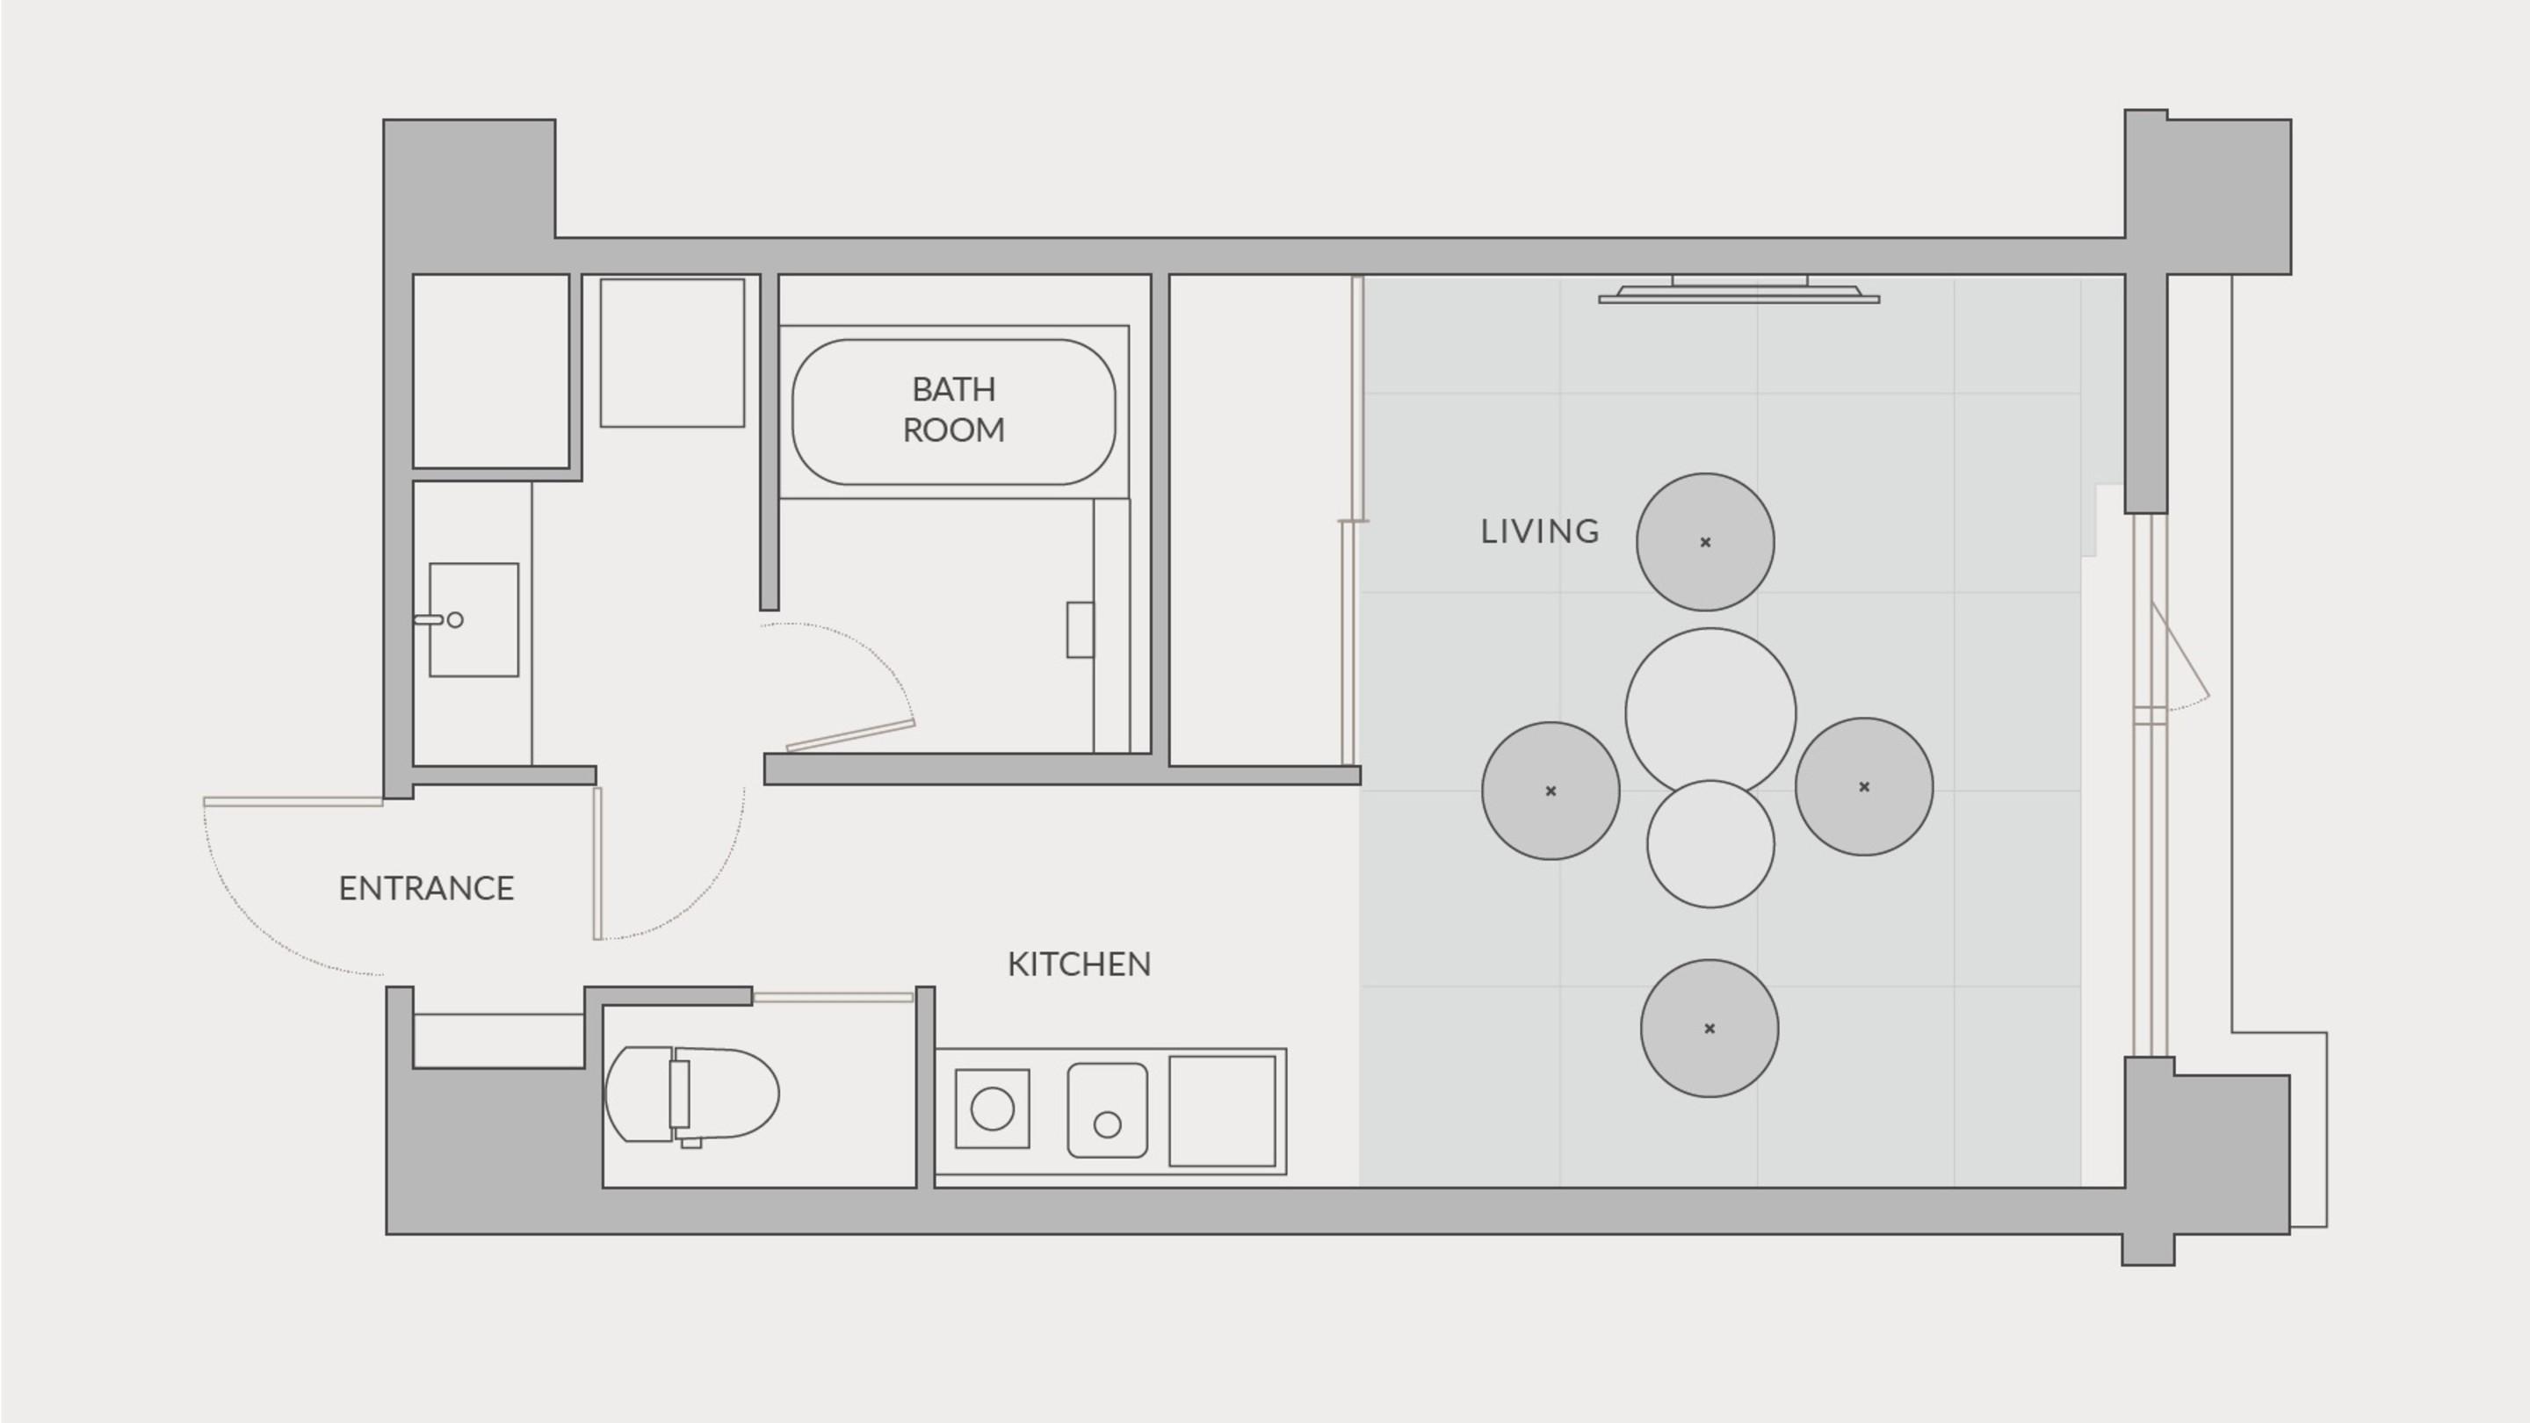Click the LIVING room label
tap(1539, 531)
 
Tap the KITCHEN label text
tap(1080, 964)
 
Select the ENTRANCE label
tap(426, 889)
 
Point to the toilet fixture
tap(691, 1094)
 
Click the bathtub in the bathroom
tap(954, 413)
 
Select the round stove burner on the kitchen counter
tap(992, 1109)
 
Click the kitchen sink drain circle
tap(1107, 1124)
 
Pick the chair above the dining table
tap(1705, 542)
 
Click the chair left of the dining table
tap(1551, 791)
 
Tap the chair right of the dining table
tap(1864, 787)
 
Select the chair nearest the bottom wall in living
tap(1709, 1029)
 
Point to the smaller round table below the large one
tap(1711, 843)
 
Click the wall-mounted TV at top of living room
tap(1739, 291)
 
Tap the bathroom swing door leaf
tap(850, 735)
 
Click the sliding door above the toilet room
tap(833, 998)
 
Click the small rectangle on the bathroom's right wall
tap(1081, 630)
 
